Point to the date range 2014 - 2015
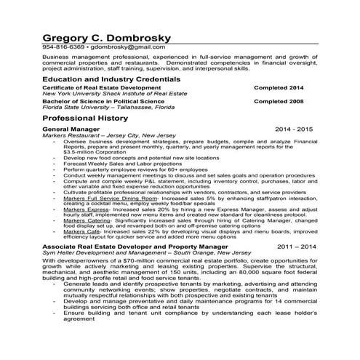tap(294, 129)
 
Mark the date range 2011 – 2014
tap(296, 247)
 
